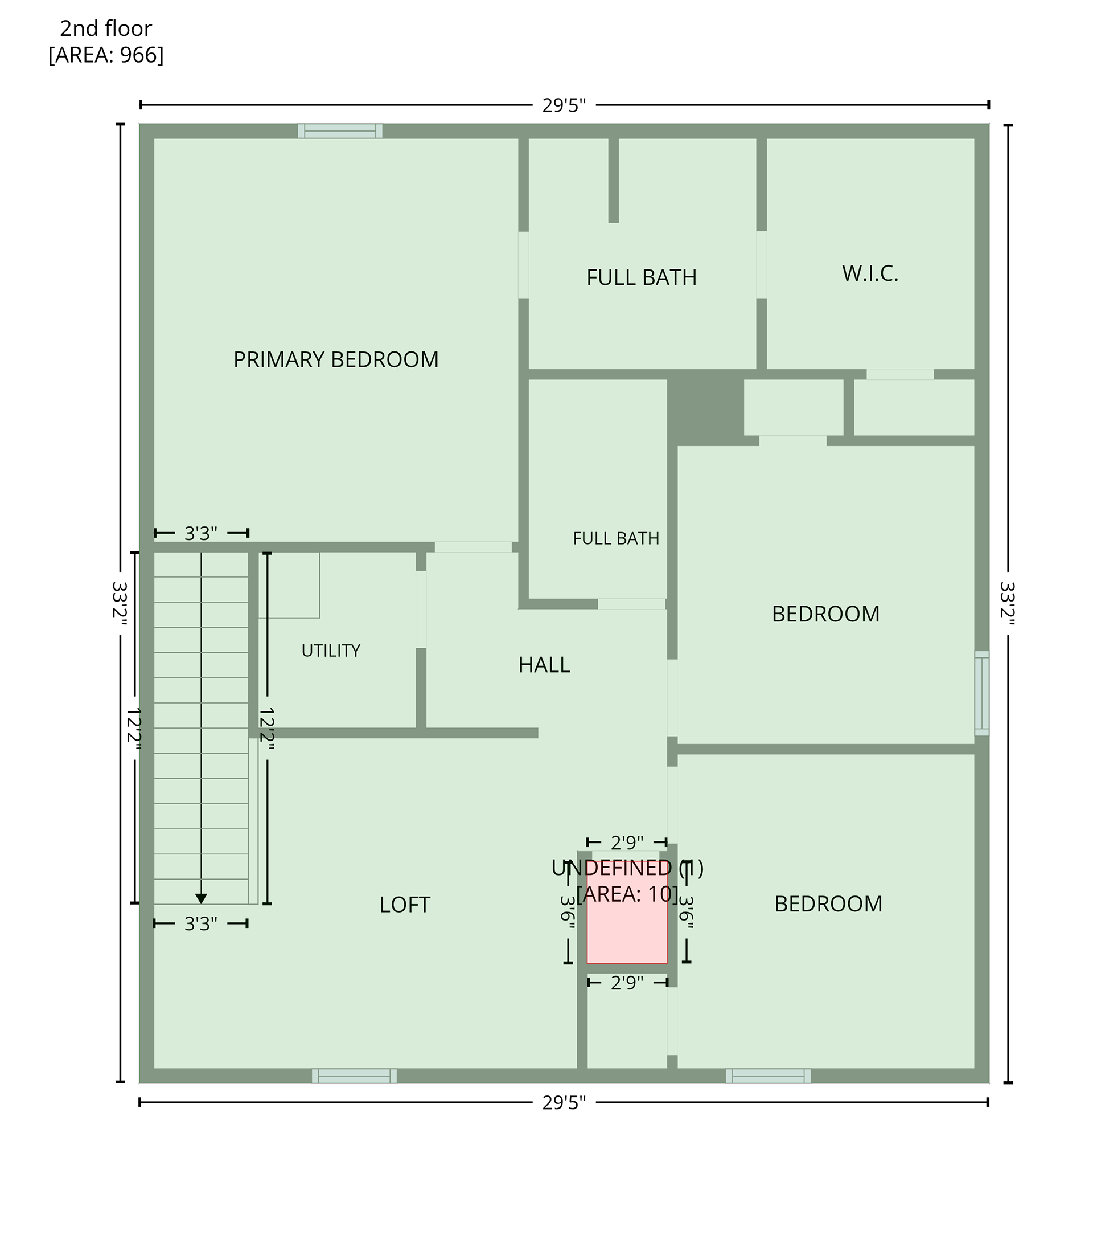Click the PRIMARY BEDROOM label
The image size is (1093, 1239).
pyautogui.click(x=336, y=359)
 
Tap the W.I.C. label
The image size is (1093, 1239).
pyautogui.click(x=870, y=273)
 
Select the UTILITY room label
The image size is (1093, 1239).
pyautogui.click(x=331, y=651)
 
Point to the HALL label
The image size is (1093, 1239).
pyautogui.click(x=544, y=665)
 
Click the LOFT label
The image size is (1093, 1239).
pyautogui.click(x=405, y=905)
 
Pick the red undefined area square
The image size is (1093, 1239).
pyautogui.click(x=627, y=911)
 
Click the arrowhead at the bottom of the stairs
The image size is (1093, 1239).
pyautogui.click(x=201, y=898)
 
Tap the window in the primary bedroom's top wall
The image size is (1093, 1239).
pyautogui.click(x=340, y=131)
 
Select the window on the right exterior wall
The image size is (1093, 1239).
pyautogui.click(x=981, y=693)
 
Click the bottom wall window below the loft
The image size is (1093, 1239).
pyautogui.click(x=355, y=1076)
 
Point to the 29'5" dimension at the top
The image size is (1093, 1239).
pyautogui.click(x=564, y=105)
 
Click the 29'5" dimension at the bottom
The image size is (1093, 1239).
pyautogui.click(x=564, y=1102)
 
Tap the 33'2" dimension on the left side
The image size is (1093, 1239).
pyautogui.click(x=120, y=600)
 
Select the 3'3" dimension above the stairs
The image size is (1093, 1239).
pyautogui.click(x=200, y=533)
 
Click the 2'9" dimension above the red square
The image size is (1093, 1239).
pyautogui.click(x=627, y=843)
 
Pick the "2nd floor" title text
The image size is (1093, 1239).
pyautogui.click(x=106, y=28)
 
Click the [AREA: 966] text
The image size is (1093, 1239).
pyautogui.click(x=106, y=55)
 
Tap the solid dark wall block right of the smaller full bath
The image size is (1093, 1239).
pyautogui.click(x=705, y=412)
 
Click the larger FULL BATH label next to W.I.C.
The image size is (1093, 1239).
pyautogui.click(x=642, y=277)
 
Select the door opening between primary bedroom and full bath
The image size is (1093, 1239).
pyautogui.click(x=524, y=265)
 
